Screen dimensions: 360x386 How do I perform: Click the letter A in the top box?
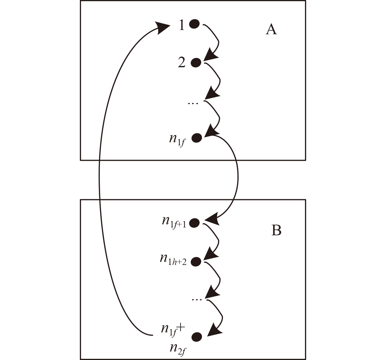click(271, 30)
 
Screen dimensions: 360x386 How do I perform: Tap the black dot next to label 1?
click(194, 24)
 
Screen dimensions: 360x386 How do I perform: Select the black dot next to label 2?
click(196, 63)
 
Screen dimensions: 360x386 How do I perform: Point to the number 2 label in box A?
click(182, 63)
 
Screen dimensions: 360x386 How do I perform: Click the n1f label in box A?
click(177, 140)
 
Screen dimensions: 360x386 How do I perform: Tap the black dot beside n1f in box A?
click(197, 138)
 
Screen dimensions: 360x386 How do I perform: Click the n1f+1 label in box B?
click(174, 221)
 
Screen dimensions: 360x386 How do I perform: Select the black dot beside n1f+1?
click(195, 223)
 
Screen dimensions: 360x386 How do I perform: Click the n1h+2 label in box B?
click(173, 259)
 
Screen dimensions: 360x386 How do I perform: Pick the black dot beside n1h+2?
click(196, 261)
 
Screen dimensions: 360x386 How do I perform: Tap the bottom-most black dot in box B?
click(197, 337)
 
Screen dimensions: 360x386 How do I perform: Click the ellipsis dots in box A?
click(193, 104)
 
